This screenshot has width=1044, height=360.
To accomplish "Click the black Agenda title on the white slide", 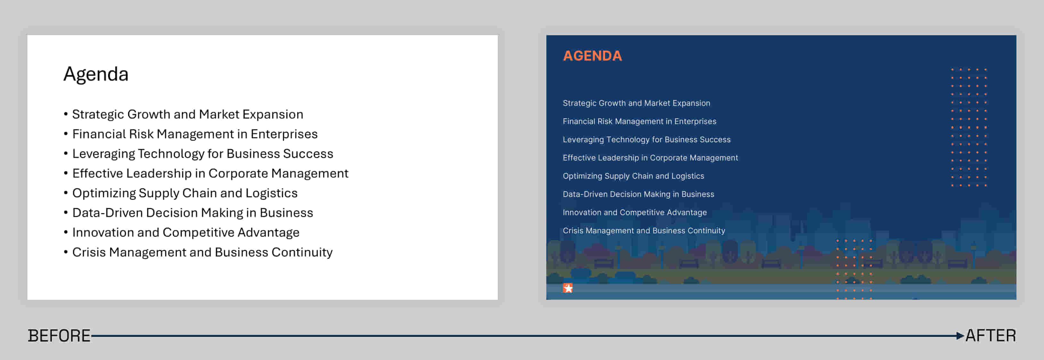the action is click(x=96, y=75).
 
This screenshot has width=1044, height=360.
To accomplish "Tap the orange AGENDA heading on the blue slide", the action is click(x=592, y=56).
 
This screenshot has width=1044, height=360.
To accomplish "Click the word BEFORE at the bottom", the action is click(x=59, y=336).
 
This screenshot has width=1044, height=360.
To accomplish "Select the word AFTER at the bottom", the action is click(x=991, y=336).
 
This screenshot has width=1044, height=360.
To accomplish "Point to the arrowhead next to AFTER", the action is click(x=960, y=336).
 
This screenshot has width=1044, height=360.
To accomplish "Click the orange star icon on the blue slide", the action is click(x=568, y=288).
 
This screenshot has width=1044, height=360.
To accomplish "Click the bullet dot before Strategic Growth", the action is click(x=66, y=114).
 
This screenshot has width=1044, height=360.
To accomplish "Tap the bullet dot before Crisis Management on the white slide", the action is click(x=66, y=252).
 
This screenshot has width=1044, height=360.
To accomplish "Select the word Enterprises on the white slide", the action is click(x=284, y=134).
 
